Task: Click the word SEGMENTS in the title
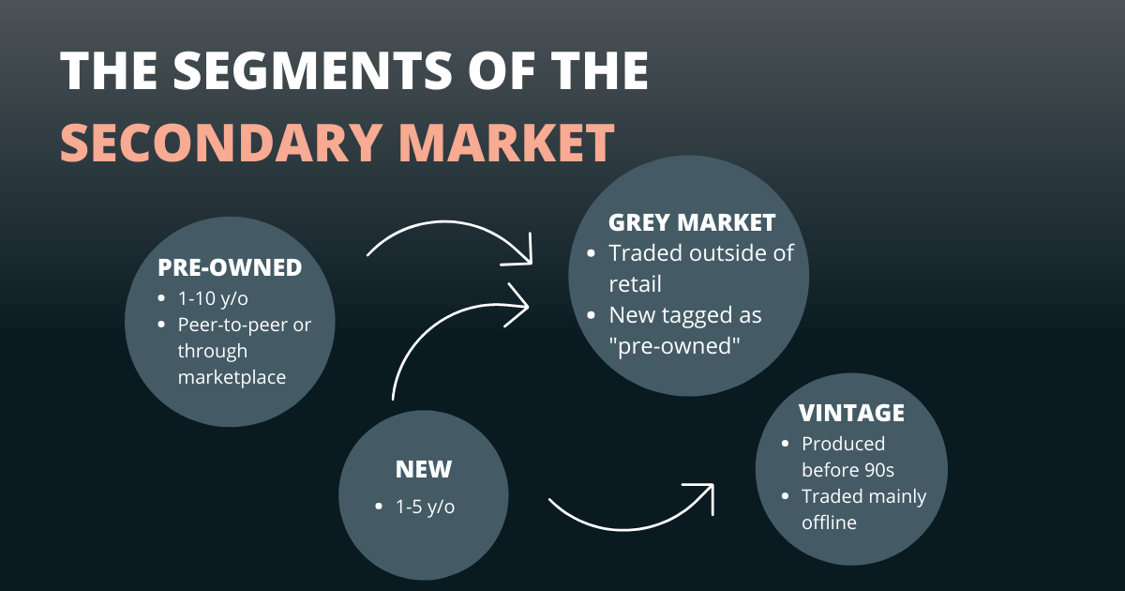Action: point(312,70)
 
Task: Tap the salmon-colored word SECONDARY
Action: point(220,143)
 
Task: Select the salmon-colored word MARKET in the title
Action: point(507,143)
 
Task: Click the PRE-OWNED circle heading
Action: point(230,267)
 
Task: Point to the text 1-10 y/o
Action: point(213,298)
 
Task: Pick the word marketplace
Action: point(232,377)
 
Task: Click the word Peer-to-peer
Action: point(233,326)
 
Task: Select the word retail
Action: point(635,284)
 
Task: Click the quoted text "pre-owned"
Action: point(674,346)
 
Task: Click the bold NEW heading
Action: point(424,469)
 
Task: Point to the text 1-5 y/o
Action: point(425,507)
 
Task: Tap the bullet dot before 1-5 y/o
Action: point(379,506)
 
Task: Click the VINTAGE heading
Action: point(852,413)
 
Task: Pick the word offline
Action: point(829,523)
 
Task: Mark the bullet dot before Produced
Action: point(786,444)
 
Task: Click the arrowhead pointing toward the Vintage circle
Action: point(703,494)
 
